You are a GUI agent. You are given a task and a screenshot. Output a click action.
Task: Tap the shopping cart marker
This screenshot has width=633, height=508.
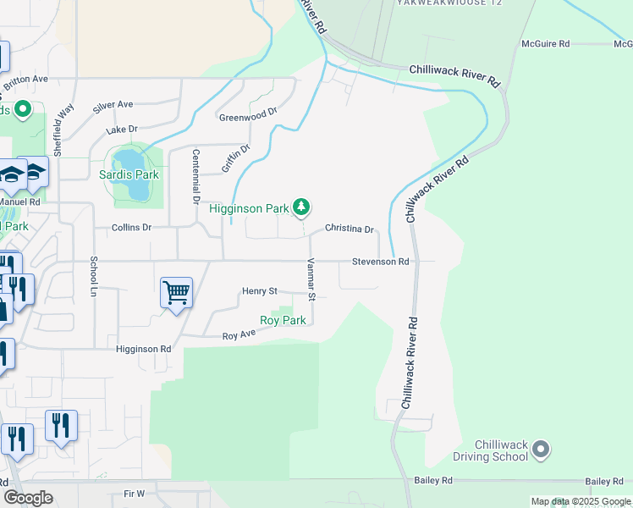pyautogui.click(x=177, y=294)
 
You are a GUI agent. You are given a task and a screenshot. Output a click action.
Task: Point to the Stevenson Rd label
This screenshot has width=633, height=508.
pyautogui.click(x=381, y=262)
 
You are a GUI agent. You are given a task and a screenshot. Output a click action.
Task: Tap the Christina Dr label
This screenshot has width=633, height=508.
pyautogui.click(x=350, y=229)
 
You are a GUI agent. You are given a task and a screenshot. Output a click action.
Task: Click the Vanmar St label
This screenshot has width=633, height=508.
pyautogui.click(x=311, y=280)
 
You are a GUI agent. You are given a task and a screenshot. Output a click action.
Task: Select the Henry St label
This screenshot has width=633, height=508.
pyautogui.click(x=260, y=291)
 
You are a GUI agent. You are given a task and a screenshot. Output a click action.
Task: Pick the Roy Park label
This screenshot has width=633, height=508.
pyautogui.click(x=283, y=320)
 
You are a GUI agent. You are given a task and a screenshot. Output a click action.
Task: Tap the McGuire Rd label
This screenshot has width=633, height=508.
pyautogui.click(x=546, y=43)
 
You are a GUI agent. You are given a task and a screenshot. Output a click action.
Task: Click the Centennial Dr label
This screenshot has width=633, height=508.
pyautogui.click(x=195, y=169)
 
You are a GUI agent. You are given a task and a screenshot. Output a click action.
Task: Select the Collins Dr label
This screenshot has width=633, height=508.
pyautogui.click(x=131, y=228)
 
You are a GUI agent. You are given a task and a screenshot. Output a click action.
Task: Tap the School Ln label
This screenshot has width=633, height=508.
pyautogui.click(x=94, y=271)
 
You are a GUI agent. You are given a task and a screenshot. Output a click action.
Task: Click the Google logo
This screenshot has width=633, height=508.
pyautogui.click(x=28, y=497)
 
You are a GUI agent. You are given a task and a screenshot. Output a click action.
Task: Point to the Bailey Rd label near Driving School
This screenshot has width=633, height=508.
pyautogui.click(x=433, y=480)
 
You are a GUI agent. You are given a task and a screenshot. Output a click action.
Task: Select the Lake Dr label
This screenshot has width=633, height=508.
pyautogui.click(x=122, y=130)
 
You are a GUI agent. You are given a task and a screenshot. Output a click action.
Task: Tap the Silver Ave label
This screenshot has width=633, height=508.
pyautogui.click(x=113, y=105)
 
